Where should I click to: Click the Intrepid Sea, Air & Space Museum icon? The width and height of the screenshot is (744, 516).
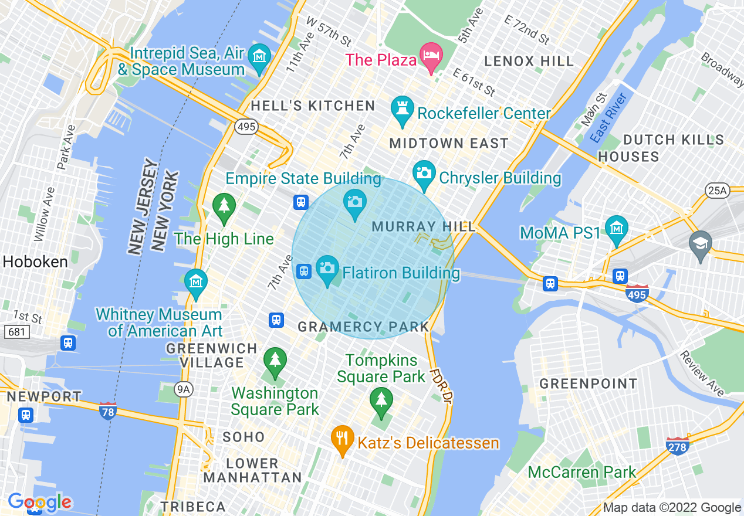pyautogui.click(x=259, y=57)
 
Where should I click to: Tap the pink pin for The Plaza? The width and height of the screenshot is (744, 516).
pyautogui.click(x=432, y=55)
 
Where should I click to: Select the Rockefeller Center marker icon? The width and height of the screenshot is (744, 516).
pyautogui.click(x=403, y=108)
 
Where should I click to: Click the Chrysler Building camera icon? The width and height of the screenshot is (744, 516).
pyautogui.click(x=424, y=173)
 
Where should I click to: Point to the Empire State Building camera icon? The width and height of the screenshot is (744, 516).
pyautogui.click(x=354, y=202)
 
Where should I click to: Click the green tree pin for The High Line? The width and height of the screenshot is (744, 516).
pyautogui.click(x=224, y=206)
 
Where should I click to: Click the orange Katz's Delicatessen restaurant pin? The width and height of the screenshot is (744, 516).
pyautogui.click(x=341, y=438)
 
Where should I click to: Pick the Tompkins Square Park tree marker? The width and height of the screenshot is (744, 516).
pyautogui.click(x=381, y=400)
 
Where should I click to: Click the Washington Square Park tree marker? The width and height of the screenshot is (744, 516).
pyautogui.click(x=275, y=359)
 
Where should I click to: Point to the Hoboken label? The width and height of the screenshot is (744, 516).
pyautogui.click(x=35, y=262)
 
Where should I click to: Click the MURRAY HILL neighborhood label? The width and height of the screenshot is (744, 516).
pyautogui.click(x=412, y=226)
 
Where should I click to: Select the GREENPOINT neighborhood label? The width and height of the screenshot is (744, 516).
pyautogui.click(x=588, y=384)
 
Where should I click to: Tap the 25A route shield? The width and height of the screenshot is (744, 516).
pyautogui.click(x=716, y=190)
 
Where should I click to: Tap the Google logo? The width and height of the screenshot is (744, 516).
pyautogui.click(x=39, y=502)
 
